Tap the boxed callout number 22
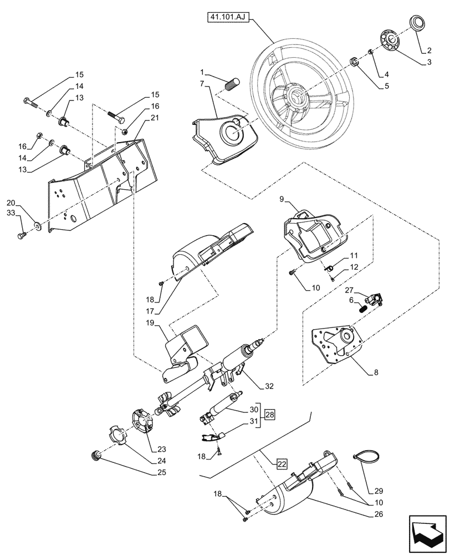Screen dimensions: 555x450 (x=282, y=463)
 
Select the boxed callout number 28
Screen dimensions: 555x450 (x=269, y=415)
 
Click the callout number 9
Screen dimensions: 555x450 (x=281, y=198)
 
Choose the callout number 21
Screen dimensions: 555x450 (x=155, y=118)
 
